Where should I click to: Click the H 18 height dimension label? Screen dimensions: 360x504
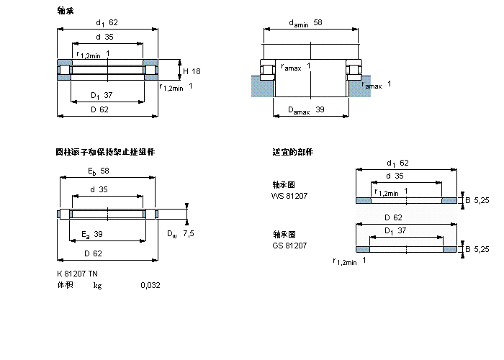coord(191,71)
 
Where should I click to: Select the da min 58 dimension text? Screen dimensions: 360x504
coord(305,24)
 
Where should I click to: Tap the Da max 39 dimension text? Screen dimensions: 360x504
coord(306,110)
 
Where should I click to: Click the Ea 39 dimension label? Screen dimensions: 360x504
coord(92,234)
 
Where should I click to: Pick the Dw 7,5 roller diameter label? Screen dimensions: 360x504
coord(180,233)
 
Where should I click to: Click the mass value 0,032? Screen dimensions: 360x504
coord(150,285)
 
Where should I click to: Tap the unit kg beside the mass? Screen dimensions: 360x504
coord(97,285)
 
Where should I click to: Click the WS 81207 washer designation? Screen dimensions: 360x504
coord(289,195)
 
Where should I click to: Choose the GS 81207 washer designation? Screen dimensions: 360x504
coord(289,246)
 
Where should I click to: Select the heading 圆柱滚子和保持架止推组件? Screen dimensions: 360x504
coord(105,152)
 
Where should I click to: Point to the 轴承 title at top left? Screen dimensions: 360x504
coord(65,11)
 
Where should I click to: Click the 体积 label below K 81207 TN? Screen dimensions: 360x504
coord(65,285)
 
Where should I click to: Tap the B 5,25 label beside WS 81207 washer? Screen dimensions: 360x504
coord(477,199)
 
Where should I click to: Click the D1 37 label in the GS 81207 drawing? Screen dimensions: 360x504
coord(394,230)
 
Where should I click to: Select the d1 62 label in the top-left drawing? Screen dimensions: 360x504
coord(106,22)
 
